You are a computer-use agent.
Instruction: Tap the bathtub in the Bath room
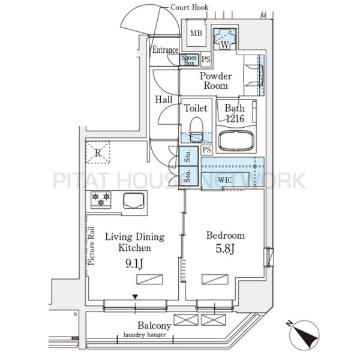click(236, 140)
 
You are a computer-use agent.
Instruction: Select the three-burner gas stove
click(101, 200)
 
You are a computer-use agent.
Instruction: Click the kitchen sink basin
click(134, 200)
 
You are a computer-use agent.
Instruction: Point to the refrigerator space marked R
click(98, 152)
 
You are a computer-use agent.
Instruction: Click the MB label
click(196, 34)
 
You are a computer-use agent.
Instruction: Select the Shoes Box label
click(189, 60)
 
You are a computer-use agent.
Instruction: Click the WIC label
click(225, 180)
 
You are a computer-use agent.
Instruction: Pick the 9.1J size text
click(134, 263)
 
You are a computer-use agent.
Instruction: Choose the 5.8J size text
click(225, 248)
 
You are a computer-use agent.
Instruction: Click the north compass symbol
click(304, 335)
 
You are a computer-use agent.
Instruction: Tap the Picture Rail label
click(91, 246)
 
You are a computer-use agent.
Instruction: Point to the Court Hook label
click(190, 7)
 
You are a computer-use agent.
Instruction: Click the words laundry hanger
click(145, 335)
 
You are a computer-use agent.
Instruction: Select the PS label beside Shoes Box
click(206, 59)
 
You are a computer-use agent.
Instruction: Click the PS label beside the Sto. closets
click(206, 149)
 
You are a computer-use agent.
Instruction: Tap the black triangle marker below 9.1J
click(135, 297)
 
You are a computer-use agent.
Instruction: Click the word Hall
click(164, 100)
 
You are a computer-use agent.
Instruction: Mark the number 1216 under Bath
click(235, 118)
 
